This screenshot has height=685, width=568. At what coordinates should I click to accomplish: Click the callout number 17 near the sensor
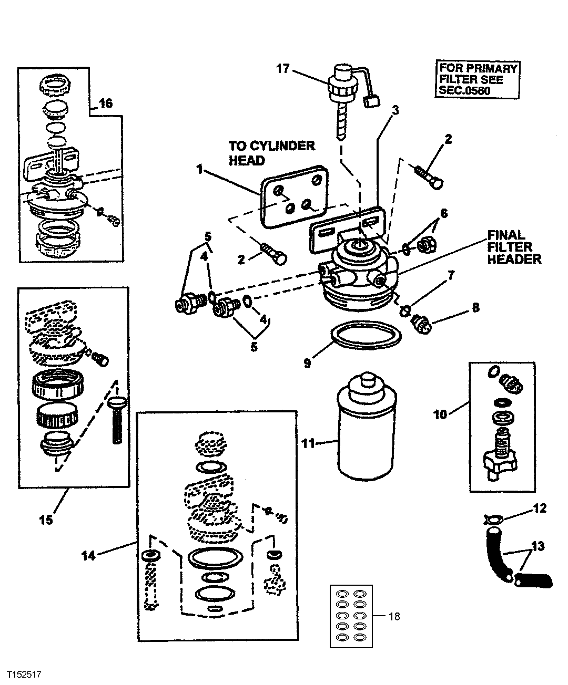tap(282, 68)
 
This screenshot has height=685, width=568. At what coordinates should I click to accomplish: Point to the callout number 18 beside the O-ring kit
tap(393, 616)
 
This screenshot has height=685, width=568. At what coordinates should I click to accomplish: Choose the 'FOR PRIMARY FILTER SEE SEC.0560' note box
tap(478, 80)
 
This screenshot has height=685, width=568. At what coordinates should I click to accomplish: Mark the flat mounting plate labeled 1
tap(292, 194)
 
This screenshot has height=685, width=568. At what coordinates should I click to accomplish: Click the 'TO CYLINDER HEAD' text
tap(271, 153)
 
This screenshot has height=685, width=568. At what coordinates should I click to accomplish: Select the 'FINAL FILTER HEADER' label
tap(514, 247)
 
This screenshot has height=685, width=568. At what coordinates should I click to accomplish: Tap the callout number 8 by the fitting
tap(476, 308)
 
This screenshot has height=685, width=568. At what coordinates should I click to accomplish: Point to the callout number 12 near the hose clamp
tap(540, 508)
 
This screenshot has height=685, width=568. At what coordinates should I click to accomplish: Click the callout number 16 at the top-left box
tap(106, 103)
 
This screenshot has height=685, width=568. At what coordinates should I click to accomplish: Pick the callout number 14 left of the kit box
tap(88, 555)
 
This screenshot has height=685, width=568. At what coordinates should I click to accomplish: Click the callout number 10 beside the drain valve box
tap(440, 414)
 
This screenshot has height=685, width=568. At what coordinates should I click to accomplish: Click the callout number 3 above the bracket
tap(395, 110)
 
